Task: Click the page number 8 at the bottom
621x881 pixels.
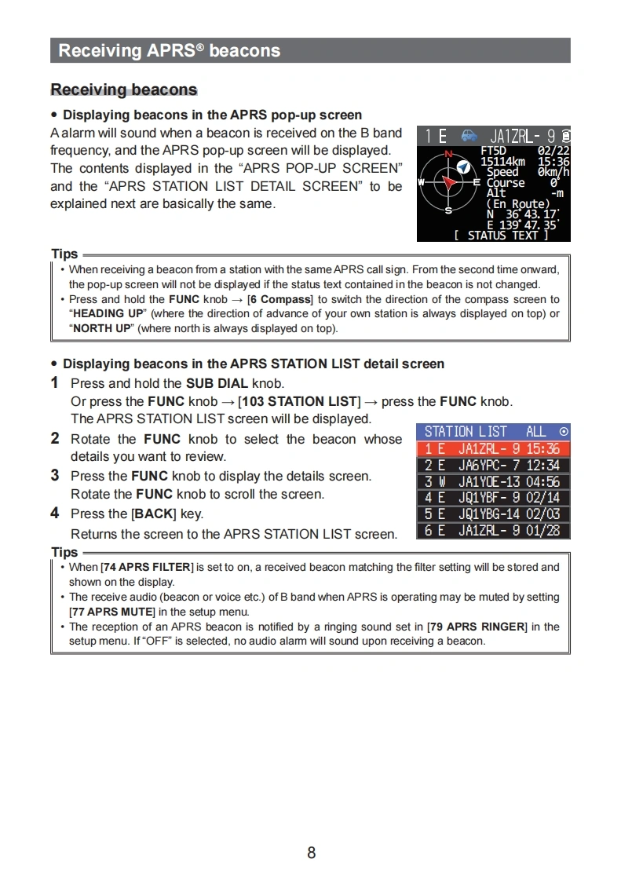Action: [x=311, y=853]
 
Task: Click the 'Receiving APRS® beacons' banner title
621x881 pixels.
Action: [x=169, y=51]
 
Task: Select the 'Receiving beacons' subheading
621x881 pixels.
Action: [x=123, y=90]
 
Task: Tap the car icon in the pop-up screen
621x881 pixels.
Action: [x=469, y=136]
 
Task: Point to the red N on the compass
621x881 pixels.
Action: [x=449, y=154]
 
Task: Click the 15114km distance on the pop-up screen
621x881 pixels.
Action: [x=502, y=161]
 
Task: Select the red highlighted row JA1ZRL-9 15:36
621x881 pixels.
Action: [x=492, y=449]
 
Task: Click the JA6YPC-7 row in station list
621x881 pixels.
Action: [x=492, y=466]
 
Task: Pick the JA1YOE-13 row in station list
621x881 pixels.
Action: [x=492, y=481]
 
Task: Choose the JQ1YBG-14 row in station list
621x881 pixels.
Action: [x=492, y=514]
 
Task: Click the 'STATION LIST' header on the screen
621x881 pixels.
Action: [x=466, y=432]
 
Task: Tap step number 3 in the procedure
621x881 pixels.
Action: [x=55, y=475]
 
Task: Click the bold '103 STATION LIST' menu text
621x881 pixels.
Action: [x=299, y=401]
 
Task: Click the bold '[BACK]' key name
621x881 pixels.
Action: [x=153, y=514]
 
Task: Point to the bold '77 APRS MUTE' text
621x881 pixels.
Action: [x=111, y=612]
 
